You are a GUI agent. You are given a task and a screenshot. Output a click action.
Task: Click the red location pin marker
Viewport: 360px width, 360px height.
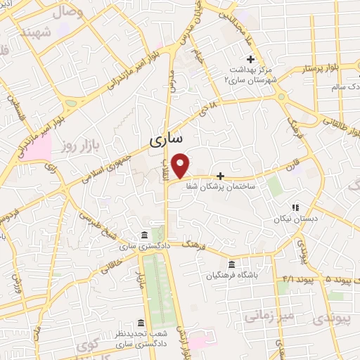click(x=181, y=165)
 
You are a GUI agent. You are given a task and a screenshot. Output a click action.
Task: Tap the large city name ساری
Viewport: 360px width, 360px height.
click(x=165, y=141)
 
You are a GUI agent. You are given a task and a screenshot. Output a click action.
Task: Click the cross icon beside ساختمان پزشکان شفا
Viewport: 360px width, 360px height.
click(x=221, y=175)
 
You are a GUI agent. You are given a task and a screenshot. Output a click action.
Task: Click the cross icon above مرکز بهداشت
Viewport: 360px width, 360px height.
click(x=250, y=58)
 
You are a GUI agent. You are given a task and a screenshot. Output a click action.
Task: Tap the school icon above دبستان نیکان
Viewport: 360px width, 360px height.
click(x=295, y=207)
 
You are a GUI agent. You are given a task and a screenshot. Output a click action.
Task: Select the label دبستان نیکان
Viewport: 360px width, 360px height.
click(x=295, y=219)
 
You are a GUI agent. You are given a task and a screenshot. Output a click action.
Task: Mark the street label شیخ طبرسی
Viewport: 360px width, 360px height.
click(x=100, y=224)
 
